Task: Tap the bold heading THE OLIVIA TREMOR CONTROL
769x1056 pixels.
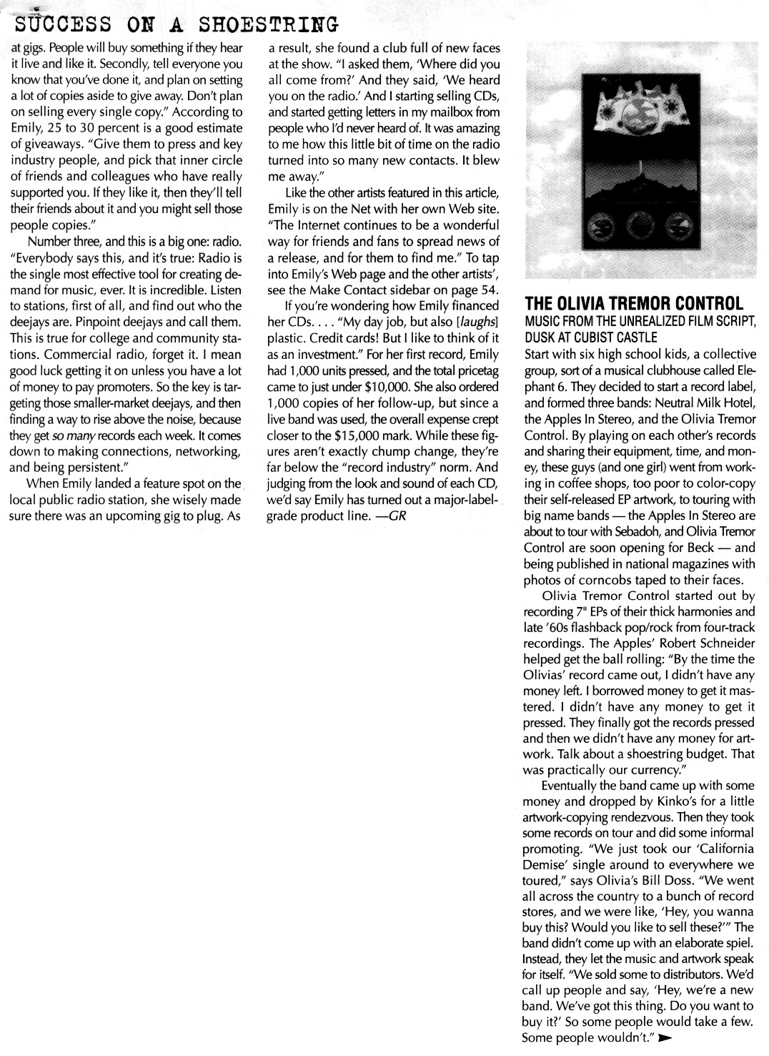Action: [634, 302]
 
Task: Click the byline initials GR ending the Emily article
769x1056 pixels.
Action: [397, 515]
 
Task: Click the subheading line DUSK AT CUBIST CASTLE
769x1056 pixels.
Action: [590, 337]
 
